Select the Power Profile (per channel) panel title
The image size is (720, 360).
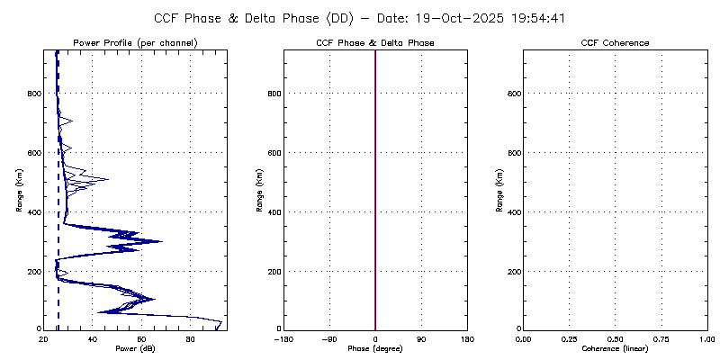click(x=135, y=43)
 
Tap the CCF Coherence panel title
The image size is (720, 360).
click(x=616, y=43)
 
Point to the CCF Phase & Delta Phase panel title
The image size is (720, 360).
click(x=375, y=43)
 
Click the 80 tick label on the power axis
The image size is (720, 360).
click(x=190, y=338)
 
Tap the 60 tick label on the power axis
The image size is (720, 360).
click(x=141, y=338)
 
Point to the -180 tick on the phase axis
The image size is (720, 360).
click(x=283, y=338)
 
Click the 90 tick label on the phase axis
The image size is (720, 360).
click(x=421, y=338)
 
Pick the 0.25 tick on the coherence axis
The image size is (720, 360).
click(x=569, y=338)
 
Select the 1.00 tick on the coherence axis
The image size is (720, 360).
click(x=707, y=338)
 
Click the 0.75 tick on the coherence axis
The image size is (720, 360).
click(x=661, y=338)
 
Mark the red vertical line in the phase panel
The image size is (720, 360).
click(x=375, y=180)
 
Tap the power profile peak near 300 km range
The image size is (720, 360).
click(x=159, y=241)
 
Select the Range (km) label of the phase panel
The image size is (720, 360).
click(x=259, y=190)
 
